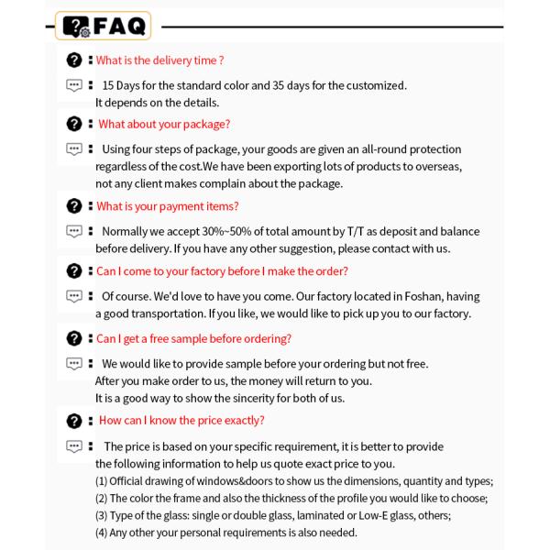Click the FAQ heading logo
coord(104,27)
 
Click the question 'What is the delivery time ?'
coord(160,60)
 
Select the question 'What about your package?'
coord(164,124)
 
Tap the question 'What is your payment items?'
coord(168,206)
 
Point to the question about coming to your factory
coord(222,271)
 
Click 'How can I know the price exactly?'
coord(181,420)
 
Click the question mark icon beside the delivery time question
coord(74,60)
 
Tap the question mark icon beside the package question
coord(74,124)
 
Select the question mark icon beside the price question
coord(74,421)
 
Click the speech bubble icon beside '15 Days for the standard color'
coord(74,85)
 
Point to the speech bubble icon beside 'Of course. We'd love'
coord(74,296)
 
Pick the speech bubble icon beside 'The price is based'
coord(74,446)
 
